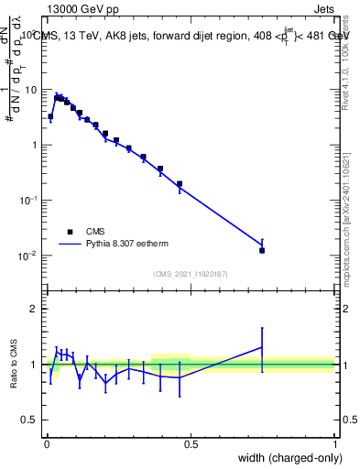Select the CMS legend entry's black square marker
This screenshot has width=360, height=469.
(x=69, y=232)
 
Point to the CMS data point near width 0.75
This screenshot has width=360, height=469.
(x=262, y=250)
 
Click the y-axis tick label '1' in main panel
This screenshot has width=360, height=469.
(x=33, y=146)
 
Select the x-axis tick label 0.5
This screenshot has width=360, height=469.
(x=191, y=444)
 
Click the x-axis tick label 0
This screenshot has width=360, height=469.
(x=46, y=444)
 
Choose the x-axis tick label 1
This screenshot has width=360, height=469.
(x=334, y=444)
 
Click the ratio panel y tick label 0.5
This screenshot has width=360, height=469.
(x=28, y=420)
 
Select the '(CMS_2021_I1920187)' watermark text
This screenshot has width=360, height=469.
(x=190, y=275)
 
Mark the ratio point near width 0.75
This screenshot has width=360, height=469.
(x=262, y=347)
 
